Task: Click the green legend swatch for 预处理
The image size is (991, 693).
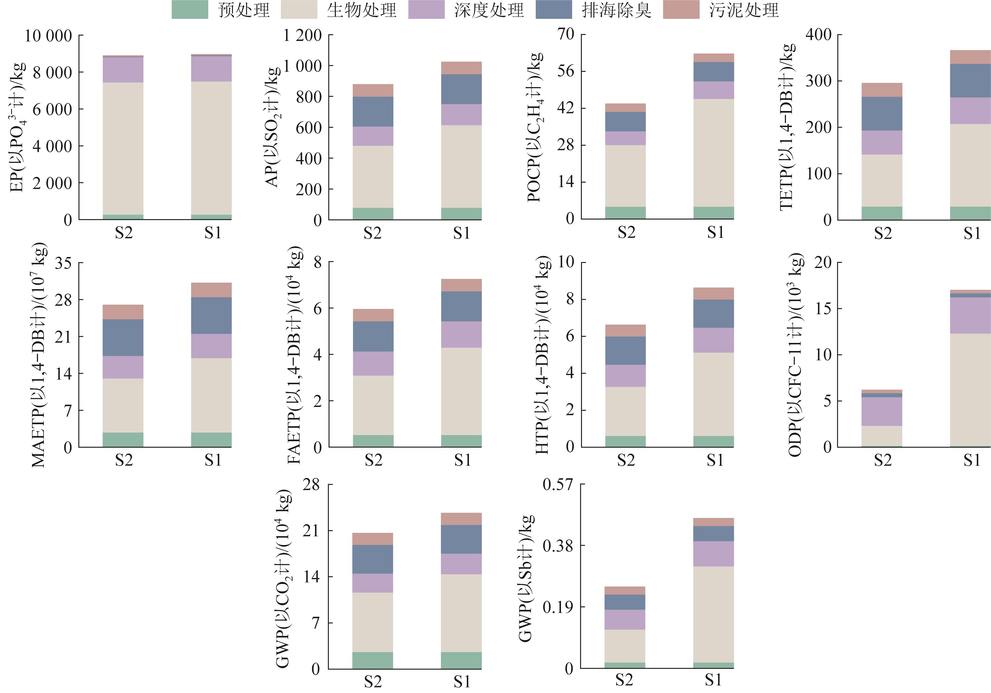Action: click(190, 10)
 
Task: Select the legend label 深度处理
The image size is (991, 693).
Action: click(489, 10)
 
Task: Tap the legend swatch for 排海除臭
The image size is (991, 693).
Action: click(554, 10)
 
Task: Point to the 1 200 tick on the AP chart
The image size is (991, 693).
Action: click(303, 35)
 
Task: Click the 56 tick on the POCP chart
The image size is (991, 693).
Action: click(566, 71)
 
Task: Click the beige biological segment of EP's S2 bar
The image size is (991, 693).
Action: click(123, 148)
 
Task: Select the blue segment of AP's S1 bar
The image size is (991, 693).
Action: click(461, 89)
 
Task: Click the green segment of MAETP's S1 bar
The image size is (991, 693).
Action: click(211, 439)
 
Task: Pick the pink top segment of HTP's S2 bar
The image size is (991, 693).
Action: click(626, 330)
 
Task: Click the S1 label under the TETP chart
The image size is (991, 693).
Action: click(972, 233)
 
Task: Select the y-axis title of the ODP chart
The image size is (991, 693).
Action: click(796, 355)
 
